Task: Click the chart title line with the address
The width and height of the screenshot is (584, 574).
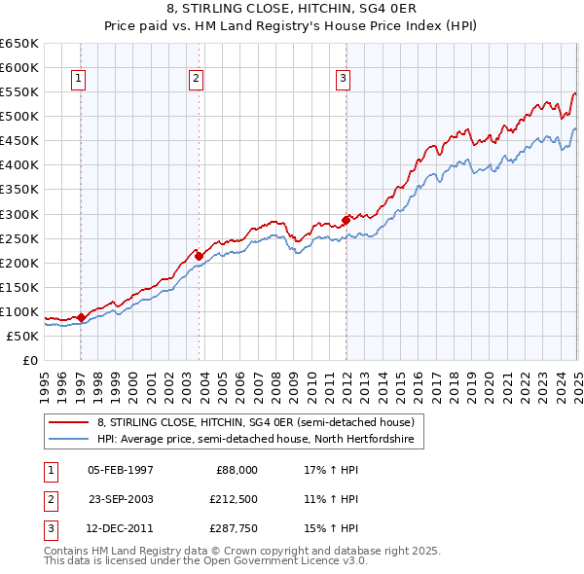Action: point(292,11)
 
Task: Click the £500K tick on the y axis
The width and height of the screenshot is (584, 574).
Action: point(20,116)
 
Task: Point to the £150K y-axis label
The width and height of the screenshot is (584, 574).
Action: point(20,287)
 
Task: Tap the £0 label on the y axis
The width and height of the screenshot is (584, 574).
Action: point(29,360)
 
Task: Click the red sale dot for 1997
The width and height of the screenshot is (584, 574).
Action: point(82,317)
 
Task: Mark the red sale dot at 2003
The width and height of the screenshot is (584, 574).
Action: point(200,256)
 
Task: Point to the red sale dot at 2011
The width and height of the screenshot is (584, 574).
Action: point(346,219)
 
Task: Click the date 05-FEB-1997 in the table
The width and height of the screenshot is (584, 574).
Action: point(120,469)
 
